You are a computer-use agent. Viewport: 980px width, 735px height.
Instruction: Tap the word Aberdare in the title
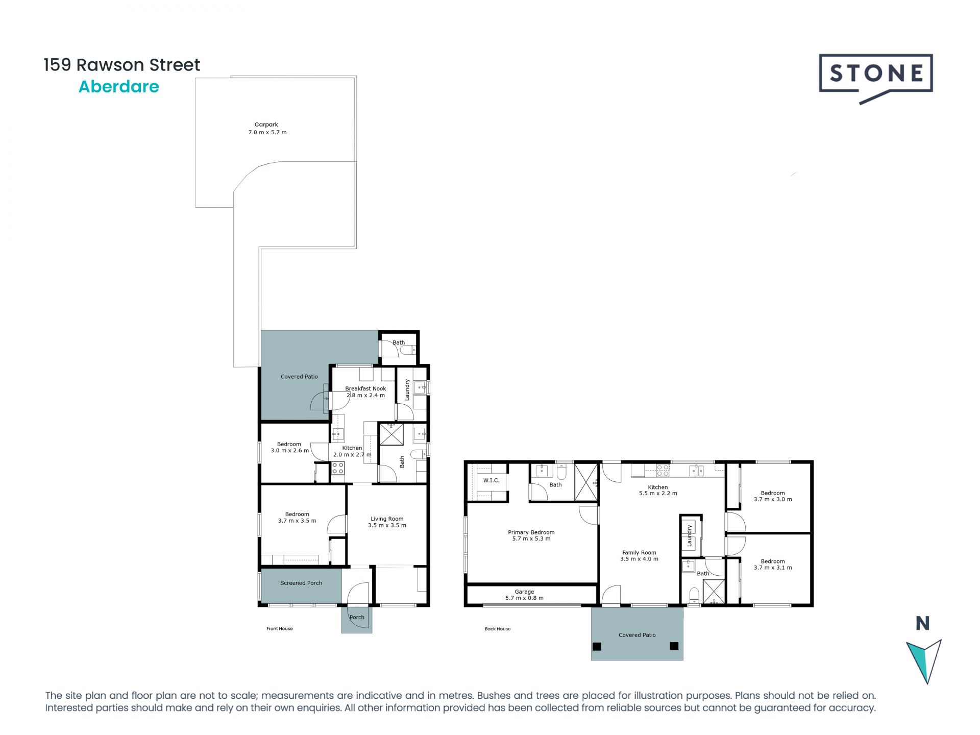point(118,87)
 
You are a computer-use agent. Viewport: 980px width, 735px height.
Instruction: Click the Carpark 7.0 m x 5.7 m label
point(267,128)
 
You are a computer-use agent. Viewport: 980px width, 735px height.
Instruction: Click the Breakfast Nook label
point(365,391)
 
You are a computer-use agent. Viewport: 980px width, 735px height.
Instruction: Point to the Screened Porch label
point(301,583)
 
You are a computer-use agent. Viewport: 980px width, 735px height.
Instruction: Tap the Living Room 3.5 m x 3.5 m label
point(387,522)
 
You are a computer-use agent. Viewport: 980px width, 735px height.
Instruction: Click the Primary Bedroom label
point(531,535)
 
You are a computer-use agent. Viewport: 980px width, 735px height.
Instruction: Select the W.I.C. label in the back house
point(491,480)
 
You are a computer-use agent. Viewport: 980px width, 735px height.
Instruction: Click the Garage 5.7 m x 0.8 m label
point(524,595)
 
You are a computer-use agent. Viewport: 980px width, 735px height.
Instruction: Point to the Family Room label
point(639,555)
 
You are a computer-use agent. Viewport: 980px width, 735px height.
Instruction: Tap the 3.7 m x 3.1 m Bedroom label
point(772,564)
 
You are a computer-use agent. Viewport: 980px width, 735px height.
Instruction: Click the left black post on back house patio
point(597,646)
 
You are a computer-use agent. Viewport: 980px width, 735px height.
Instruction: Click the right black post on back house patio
point(674,646)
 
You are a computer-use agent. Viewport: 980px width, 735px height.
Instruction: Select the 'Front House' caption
point(279,629)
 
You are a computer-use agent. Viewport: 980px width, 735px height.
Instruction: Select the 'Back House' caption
point(497,629)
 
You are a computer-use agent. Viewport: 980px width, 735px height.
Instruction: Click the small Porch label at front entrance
point(357,617)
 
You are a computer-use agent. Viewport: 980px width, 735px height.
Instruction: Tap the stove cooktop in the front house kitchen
point(338,468)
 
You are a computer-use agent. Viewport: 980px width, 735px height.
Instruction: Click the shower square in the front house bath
point(391,434)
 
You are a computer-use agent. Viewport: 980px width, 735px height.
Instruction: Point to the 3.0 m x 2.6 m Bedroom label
point(289,447)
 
